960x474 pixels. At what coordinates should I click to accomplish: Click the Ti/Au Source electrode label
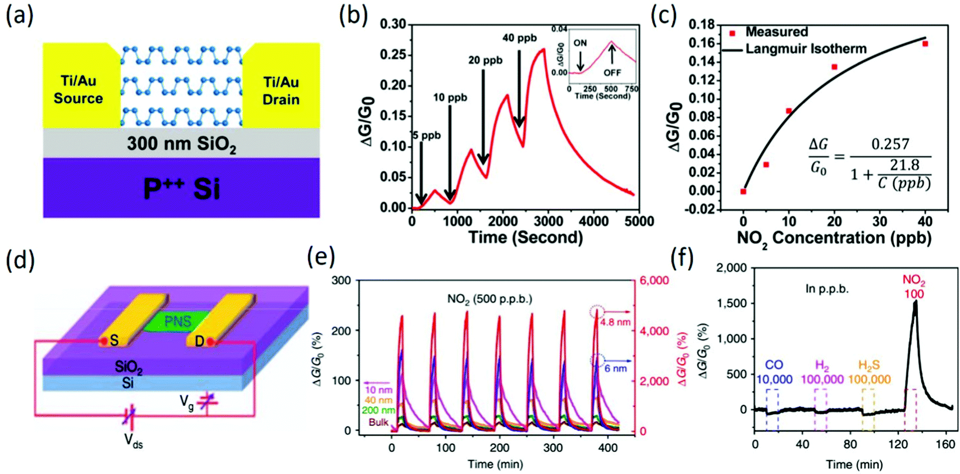pyautogui.click(x=78, y=90)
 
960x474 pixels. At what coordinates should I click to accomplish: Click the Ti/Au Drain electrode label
pyautogui.click(x=281, y=91)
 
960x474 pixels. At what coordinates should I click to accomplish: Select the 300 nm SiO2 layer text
pyautogui.click(x=181, y=144)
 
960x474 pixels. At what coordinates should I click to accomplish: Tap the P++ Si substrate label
pyautogui.click(x=181, y=189)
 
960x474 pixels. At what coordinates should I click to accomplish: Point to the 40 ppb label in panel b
pyautogui.click(x=519, y=38)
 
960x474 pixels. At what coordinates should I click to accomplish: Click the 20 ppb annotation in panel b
pyautogui.click(x=485, y=60)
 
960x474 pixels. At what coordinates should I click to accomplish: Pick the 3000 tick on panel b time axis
pyautogui.click(x=548, y=221)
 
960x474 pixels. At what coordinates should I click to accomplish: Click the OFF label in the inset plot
pyautogui.click(x=612, y=72)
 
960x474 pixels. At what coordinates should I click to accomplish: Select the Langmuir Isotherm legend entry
pyautogui.click(x=806, y=49)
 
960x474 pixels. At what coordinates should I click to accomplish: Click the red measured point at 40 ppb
pyautogui.click(x=925, y=44)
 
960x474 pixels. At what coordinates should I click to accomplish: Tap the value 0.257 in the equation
pyautogui.click(x=890, y=144)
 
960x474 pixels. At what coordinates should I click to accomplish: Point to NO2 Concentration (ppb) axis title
pyautogui.click(x=834, y=238)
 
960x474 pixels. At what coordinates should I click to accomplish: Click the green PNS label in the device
pyautogui.click(x=177, y=321)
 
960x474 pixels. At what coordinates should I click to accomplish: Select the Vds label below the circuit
pyautogui.click(x=133, y=440)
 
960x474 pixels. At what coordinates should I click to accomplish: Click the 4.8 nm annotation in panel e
pyautogui.click(x=615, y=322)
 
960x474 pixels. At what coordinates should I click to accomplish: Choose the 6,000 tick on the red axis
pyautogui.click(x=654, y=280)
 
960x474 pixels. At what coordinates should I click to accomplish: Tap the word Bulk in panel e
pyautogui.click(x=378, y=422)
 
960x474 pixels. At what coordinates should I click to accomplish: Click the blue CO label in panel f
pyautogui.click(x=774, y=365)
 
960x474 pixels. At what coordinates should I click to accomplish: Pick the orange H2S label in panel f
pyautogui.click(x=868, y=366)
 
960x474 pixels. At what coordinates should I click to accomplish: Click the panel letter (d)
pyautogui.click(x=20, y=260)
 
